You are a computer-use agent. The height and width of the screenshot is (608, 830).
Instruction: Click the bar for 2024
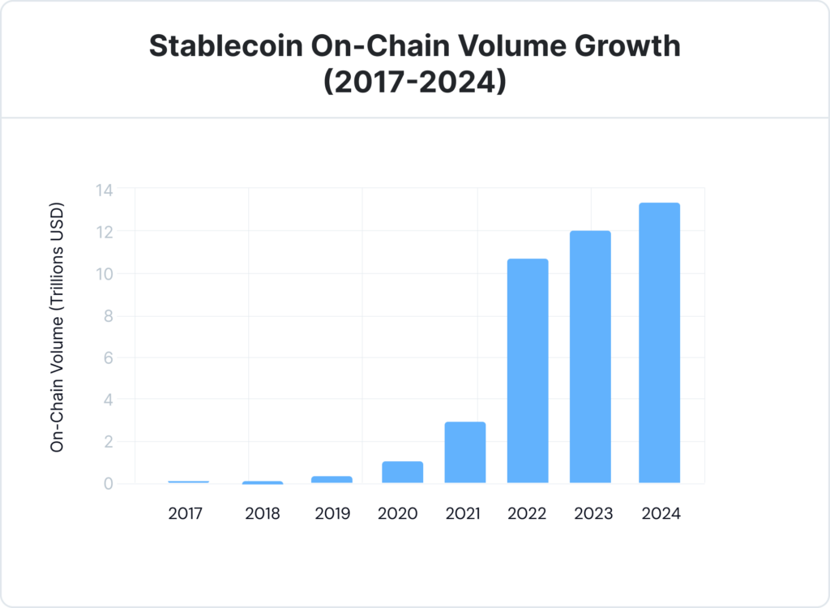coord(659,343)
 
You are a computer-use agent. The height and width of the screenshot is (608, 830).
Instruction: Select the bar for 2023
coord(590,357)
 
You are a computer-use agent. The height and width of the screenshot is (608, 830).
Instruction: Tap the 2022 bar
coord(528,370)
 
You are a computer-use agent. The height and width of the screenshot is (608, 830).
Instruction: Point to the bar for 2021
coord(465,452)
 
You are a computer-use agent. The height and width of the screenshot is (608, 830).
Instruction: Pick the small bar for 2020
coord(402,472)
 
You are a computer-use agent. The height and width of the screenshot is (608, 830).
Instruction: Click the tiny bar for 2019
coord(332,479)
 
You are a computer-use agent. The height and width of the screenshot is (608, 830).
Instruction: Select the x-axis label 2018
coord(263,514)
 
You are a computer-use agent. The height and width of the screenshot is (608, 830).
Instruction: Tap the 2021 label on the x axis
coord(463,514)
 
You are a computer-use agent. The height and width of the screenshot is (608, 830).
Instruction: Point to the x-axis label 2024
coord(660,514)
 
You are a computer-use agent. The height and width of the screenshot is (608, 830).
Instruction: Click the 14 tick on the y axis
coord(103,190)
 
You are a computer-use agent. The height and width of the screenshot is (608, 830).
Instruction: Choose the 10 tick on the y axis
coord(103,274)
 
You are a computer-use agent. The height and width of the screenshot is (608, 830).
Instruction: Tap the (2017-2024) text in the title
coord(415,82)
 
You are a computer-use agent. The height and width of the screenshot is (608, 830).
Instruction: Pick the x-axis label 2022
coord(528,514)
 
